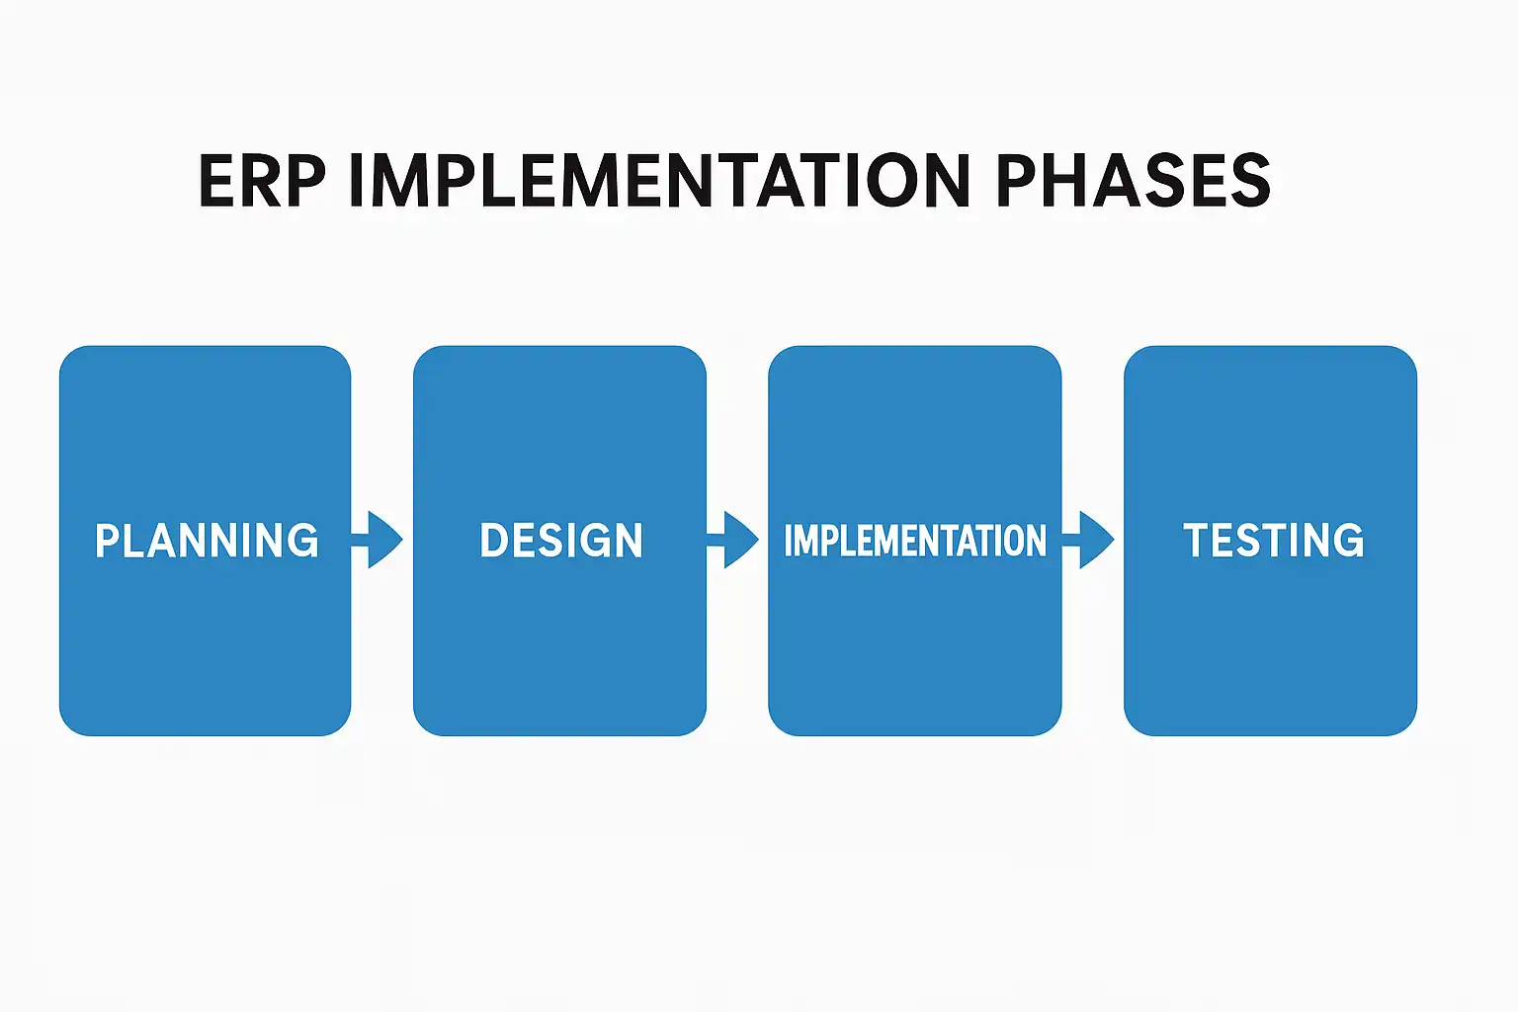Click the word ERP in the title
coord(262,181)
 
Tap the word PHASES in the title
coord(1133,181)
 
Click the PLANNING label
coord(207,541)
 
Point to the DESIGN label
coord(561,541)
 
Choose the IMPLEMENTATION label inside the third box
coord(915,541)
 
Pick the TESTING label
coord(1273,541)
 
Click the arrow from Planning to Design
coord(379,540)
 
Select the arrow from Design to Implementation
coord(735,540)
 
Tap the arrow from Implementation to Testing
coord(1091,540)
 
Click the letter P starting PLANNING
coord(107,541)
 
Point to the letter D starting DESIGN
coord(492,541)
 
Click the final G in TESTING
coord(1348,541)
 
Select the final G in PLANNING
coord(303,541)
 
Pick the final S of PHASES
coord(1251,181)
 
